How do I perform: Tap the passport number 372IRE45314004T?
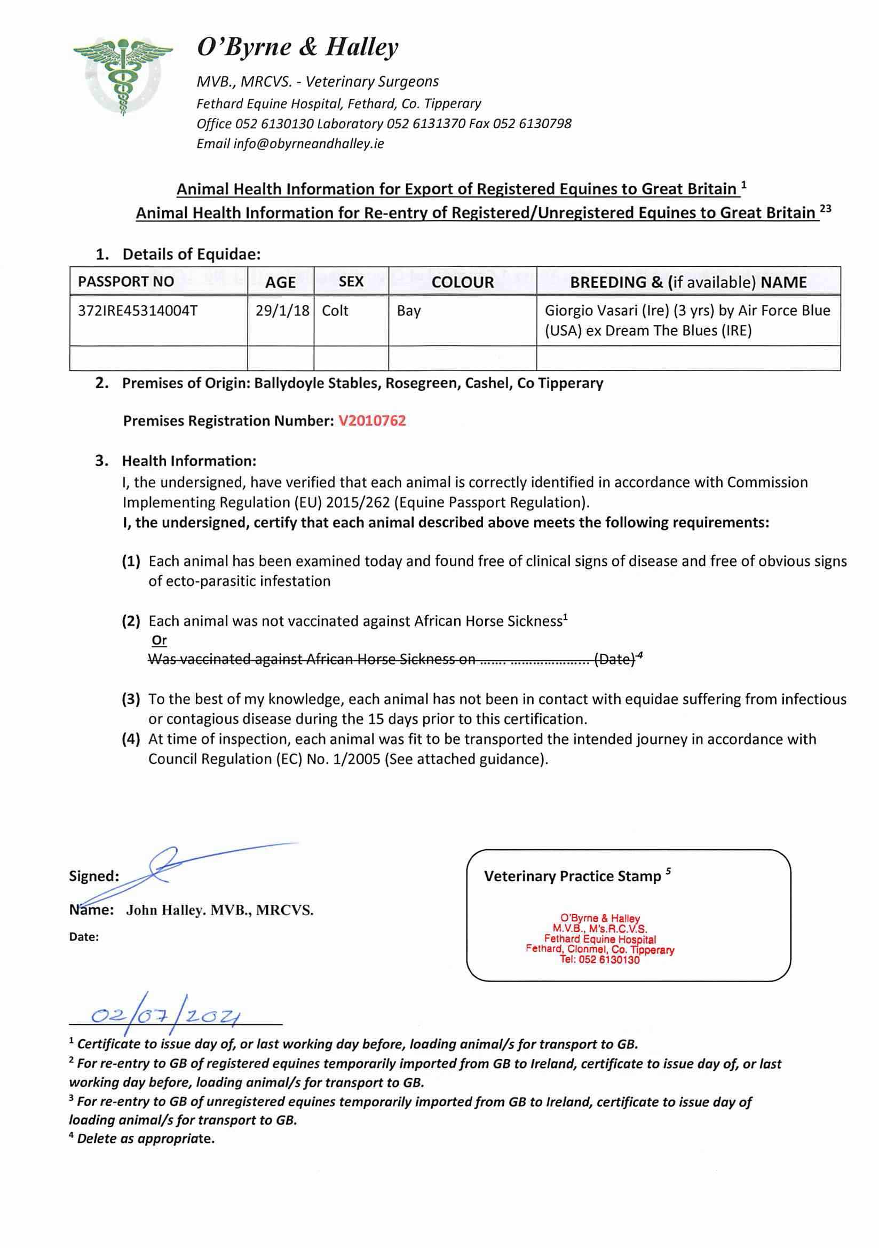tap(138, 311)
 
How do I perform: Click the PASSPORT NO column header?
tap(125, 281)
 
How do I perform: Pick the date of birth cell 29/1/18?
tap(282, 311)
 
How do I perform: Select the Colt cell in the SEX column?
tap(335, 311)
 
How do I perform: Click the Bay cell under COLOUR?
tap(408, 311)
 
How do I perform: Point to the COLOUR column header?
tap(462, 282)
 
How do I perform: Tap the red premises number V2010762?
tap(372, 421)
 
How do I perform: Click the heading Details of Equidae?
tap(191, 255)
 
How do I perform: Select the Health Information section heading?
tap(188, 461)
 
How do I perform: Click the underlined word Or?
tap(159, 641)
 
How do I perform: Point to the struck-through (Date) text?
tap(614, 659)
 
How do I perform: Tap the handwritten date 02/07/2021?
tap(166, 1016)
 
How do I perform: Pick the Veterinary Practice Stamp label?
tap(573, 876)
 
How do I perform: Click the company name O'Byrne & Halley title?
tap(297, 48)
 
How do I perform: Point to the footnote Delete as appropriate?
tap(146, 1138)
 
